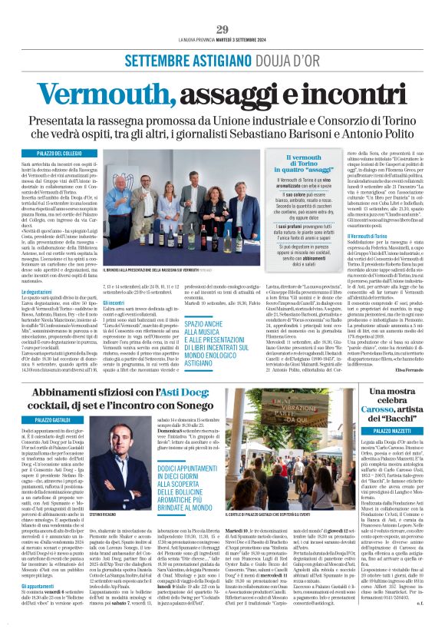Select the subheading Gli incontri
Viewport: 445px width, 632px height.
pos(114,303)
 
